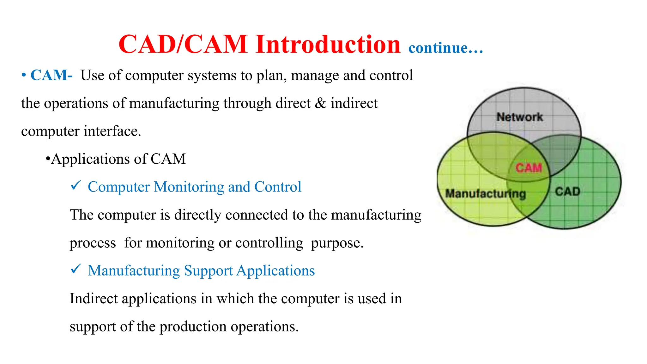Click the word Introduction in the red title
click(x=328, y=44)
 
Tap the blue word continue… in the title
click(x=445, y=48)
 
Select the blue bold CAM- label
click(x=51, y=76)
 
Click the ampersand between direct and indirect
click(x=320, y=103)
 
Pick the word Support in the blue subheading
click(x=208, y=271)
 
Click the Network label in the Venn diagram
click(x=520, y=117)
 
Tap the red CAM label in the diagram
click(x=529, y=168)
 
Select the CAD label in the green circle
click(x=567, y=191)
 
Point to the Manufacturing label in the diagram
click(x=486, y=193)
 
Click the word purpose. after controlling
click(x=337, y=243)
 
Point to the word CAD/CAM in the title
click(x=183, y=44)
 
